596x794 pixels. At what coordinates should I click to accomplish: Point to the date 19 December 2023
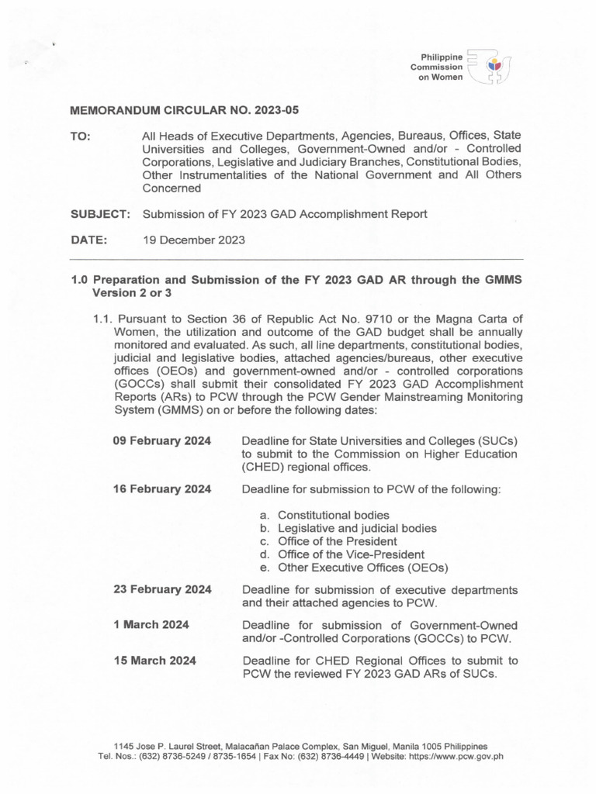point(193,240)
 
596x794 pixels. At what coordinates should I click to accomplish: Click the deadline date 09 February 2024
point(162,440)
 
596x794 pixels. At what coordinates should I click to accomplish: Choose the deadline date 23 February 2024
point(162,589)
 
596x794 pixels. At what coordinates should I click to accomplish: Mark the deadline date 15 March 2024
point(154,661)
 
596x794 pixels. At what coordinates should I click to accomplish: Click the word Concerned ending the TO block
point(172,188)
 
